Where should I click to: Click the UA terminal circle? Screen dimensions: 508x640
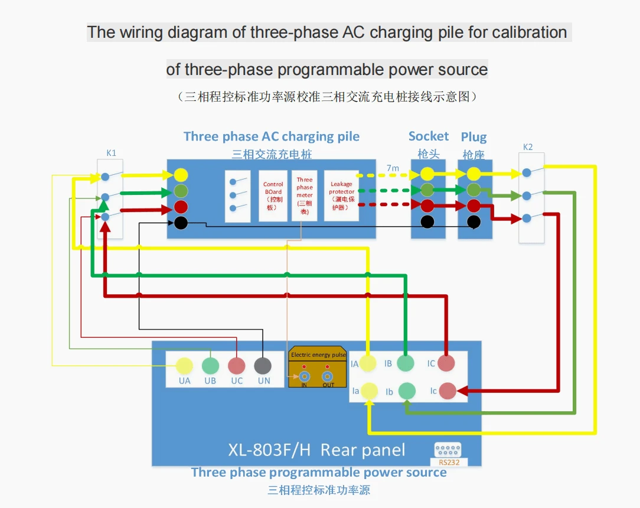pyautogui.click(x=184, y=366)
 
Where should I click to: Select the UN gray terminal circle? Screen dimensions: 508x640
pyautogui.click(x=263, y=366)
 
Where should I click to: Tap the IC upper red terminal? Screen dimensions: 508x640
pyautogui.click(x=446, y=363)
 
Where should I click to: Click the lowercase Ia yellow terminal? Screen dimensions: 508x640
pyautogui.click(x=370, y=390)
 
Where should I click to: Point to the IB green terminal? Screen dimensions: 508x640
pyautogui.click(x=405, y=363)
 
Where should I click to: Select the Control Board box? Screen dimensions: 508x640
pyautogui.click(x=273, y=196)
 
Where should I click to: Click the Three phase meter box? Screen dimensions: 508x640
pyautogui.click(x=305, y=196)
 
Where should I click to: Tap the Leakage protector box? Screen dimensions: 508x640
pyautogui.click(x=342, y=196)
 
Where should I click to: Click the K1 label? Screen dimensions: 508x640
pyautogui.click(x=111, y=153)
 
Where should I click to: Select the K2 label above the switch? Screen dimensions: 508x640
pyautogui.click(x=528, y=147)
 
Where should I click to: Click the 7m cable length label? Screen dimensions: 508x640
pyautogui.click(x=393, y=168)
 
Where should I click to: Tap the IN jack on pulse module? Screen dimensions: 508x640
pyautogui.click(x=305, y=376)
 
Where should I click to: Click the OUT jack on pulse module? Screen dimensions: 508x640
pyautogui.click(x=328, y=376)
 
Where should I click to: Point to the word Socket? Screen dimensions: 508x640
pyautogui.click(x=429, y=136)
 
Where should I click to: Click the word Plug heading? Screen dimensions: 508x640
pyautogui.click(x=474, y=137)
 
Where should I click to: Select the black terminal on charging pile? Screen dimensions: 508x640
pyautogui.click(x=181, y=223)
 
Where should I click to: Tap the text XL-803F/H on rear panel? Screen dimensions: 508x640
pyautogui.click(x=269, y=450)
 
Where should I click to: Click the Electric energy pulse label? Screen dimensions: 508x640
pyautogui.click(x=318, y=356)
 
